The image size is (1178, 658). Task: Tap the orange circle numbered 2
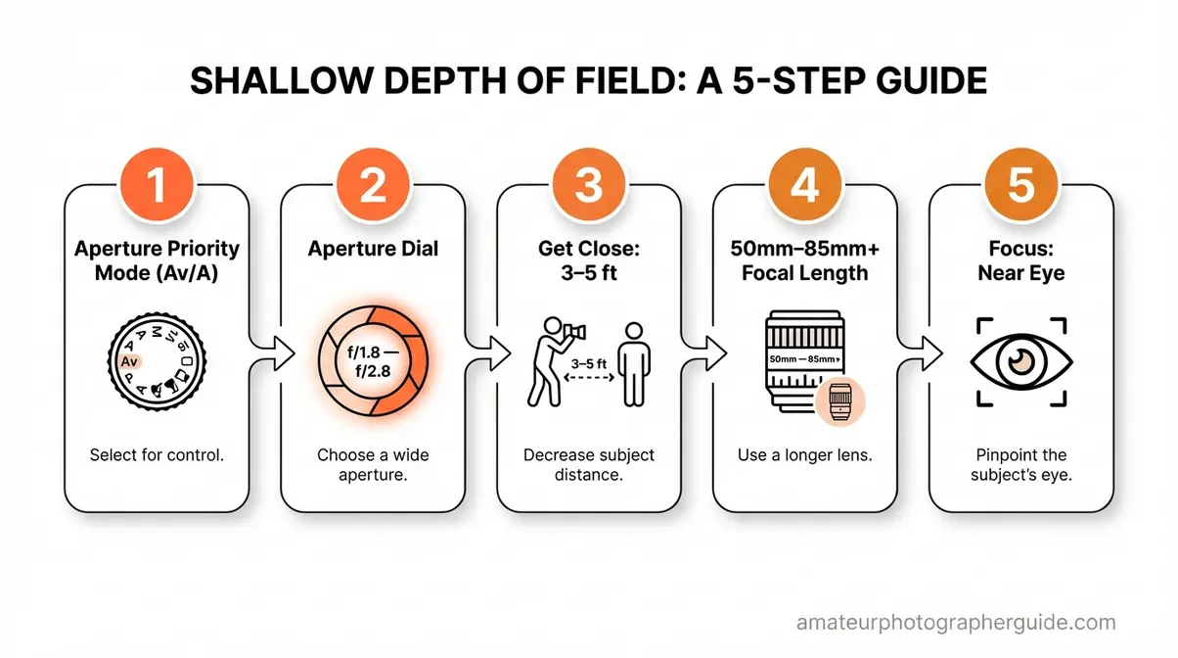click(x=373, y=186)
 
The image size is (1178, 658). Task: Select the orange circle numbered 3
click(x=588, y=186)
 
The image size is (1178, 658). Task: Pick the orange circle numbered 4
click(x=803, y=186)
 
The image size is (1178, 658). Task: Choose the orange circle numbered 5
click(x=1019, y=186)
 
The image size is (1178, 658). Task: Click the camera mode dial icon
click(x=158, y=364)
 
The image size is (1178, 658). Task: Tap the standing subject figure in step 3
click(x=634, y=363)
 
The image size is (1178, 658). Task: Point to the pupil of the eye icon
click(x=1019, y=362)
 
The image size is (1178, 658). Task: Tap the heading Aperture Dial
click(x=373, y=249)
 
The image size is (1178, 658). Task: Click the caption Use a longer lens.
click(x=804, y=455)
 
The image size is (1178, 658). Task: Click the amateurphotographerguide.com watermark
click(x=956, y=623)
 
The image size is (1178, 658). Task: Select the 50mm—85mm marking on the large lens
click(x=803, y=359)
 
